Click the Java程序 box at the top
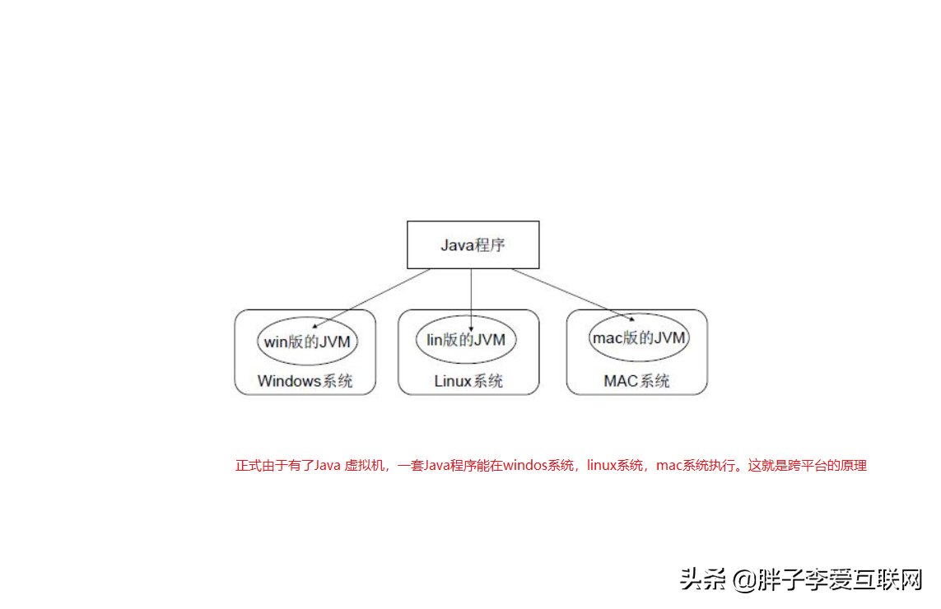tap(473, 244)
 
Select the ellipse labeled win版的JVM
tap(307, 341)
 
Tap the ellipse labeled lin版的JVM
tap(466, 339)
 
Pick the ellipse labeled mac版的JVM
tap(639, 337)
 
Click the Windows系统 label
tap(305, 381)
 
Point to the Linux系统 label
tap(468, 381)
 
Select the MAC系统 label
tap(636, 381)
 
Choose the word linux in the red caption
tap(603, 466)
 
